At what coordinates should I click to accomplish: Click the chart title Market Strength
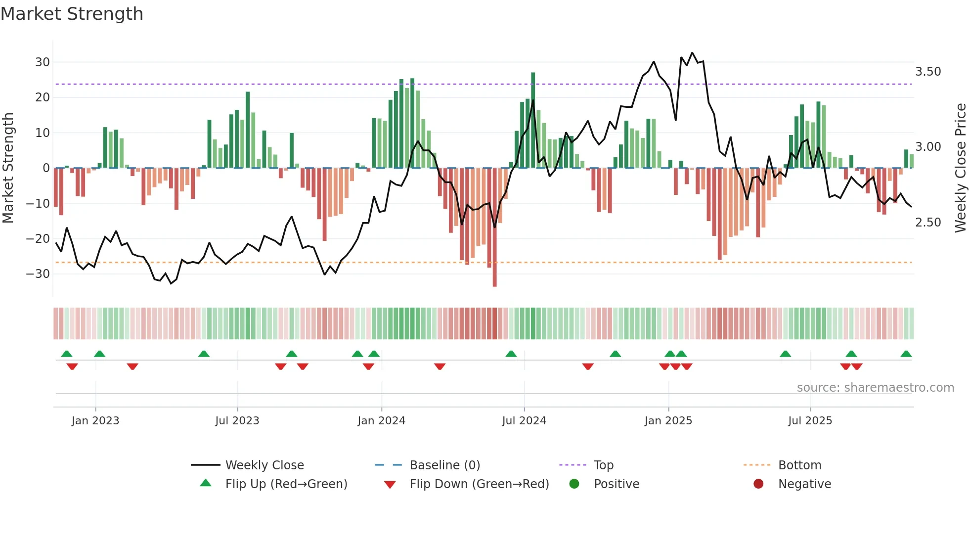coord(72,14)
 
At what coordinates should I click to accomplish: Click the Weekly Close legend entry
coord(264,465)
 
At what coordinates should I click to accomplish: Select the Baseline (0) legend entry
coord(444,465)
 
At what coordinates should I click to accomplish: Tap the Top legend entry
coord(603,465)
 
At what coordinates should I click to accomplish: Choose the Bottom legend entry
coord(799,465)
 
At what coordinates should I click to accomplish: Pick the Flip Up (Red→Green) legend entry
coord(286,484)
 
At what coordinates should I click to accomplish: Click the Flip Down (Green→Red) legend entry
coord(479,484)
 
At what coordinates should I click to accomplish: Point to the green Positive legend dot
coord(574,484)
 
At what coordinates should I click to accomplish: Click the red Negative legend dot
coord(758,484)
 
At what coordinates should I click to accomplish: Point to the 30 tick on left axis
coord(43,62)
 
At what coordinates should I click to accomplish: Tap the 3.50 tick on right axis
coord(928,72)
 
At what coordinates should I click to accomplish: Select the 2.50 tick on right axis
coord(928,223)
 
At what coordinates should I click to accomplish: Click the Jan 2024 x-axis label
coord(381,420)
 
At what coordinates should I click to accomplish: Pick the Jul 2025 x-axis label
coord(810,420)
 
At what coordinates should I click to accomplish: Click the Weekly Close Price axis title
coord(960,168)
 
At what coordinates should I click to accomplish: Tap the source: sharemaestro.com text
coord(875,387)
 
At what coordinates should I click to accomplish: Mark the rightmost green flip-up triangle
coord(906,354)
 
